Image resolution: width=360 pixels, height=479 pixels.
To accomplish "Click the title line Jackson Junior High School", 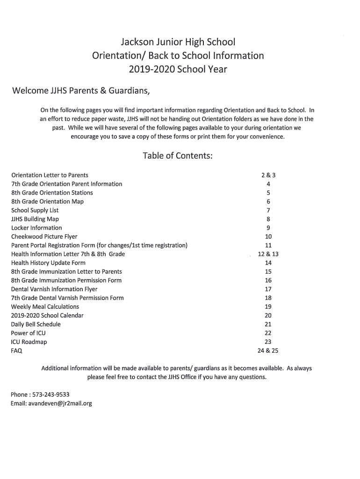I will click(x=178, y=42).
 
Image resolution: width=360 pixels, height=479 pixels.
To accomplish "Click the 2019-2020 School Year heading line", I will click(x=178, y=69).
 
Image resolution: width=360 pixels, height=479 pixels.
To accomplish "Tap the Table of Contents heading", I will click(x=178, y=156).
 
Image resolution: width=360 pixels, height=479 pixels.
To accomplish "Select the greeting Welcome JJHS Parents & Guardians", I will click(x=80, y=90).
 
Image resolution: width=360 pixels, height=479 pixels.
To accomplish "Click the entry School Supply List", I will click(x=35, y=210).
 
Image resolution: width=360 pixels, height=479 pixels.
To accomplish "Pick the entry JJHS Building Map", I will click(x=35, y=219).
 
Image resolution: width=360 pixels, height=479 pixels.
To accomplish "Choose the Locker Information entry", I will click(x=36, y=228).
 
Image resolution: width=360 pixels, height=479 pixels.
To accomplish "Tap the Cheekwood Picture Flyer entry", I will click(x=44, y=237).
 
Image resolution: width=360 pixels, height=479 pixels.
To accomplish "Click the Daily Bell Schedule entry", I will click(x=36, y=324).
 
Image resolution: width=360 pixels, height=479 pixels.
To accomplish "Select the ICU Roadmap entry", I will click(x=29, y=342).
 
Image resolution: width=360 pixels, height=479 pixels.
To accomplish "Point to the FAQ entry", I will click(x=17, y=351).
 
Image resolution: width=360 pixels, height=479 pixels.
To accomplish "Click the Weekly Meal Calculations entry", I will click(x=45, y=307).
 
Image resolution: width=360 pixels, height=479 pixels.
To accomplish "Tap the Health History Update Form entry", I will click(x=48, y=263).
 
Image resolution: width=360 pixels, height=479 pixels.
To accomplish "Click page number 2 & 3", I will click(x=268, y=175).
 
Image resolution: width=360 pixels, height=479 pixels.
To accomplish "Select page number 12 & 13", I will click(x=268, y=254).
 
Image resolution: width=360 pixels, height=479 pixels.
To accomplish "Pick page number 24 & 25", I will click(x=268, y=351).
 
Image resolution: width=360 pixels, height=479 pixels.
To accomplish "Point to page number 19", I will click(x=268, y=307).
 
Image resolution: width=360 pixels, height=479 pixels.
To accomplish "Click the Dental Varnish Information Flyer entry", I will click(x=54, y=289).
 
